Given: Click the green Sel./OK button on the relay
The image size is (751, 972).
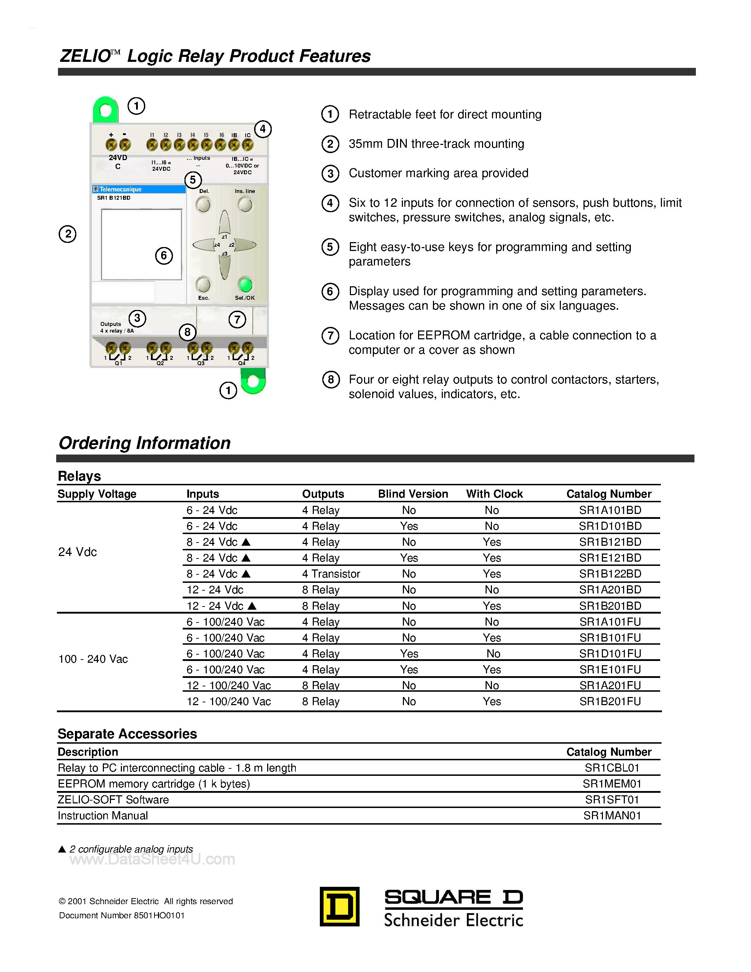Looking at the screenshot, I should pyautogui.click(x=245, y=285).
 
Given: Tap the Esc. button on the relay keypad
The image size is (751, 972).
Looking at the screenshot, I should pyautogui.click(x=203, y=284).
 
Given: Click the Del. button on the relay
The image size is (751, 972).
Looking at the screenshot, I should pyautogui.click(x=203, y=205).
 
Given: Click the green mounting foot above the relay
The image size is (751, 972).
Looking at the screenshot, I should pyautogui.click(x=105, y=110).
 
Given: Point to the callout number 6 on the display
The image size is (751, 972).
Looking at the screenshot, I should pyautogui.click(x=164, y=256).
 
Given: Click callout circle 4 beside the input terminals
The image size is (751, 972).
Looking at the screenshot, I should pyautogui.click(x=263, y=129).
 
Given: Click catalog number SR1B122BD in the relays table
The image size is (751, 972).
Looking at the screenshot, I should pyautogui.click(x=610, y=574).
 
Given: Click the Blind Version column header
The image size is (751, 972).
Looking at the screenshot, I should pyautogui.click(x=412, y=494).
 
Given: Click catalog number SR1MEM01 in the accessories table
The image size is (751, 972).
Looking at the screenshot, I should pyautogui.click(x=612, y=784).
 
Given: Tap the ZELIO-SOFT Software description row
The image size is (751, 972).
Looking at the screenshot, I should pyautogui.click(x=113, y=800).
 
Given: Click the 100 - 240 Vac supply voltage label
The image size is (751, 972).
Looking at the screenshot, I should pyautogui.click(x=93, y=659).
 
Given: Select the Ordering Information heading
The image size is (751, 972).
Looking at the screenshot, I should pyautogui.click(x=145, y=443).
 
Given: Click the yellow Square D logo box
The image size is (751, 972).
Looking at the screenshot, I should pyautogui.click(x=340, y=907).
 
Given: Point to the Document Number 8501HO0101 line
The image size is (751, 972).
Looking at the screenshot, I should pyautogui.click(x=122, y=915).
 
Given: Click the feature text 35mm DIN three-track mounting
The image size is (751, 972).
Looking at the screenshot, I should pyautogui.click(x=436, y=144).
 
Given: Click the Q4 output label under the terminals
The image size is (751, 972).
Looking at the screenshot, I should pyautogui.click(x=242, y=363).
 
